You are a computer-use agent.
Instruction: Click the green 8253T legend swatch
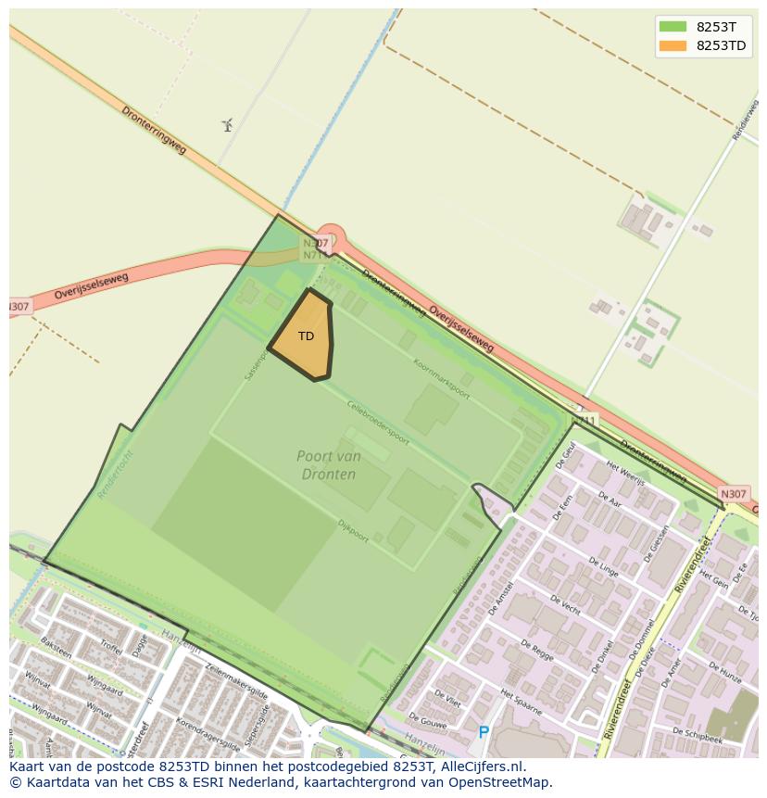point(672,27)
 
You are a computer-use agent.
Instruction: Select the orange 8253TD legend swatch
point(672,45)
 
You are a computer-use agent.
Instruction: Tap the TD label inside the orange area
point(306,336)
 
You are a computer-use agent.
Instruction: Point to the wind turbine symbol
point(228,125)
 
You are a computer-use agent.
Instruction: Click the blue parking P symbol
point(484,733)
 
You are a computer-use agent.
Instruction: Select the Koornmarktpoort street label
point(441,379)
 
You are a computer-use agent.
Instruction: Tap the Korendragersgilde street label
point(208,728)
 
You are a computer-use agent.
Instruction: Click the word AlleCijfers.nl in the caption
point(481,766)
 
